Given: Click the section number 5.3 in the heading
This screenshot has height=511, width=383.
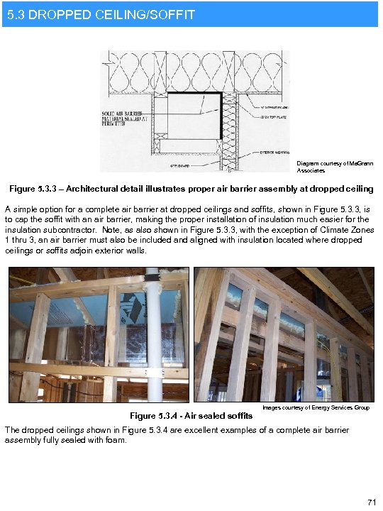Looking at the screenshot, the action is click(x=16, y=13).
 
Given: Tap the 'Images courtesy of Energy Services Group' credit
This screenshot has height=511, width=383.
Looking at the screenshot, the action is click(x=316, y=407).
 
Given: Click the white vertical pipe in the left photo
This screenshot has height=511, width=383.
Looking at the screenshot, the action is click(x=151, y=334).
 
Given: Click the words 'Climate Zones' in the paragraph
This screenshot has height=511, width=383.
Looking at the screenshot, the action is click(x=345, y=231).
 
